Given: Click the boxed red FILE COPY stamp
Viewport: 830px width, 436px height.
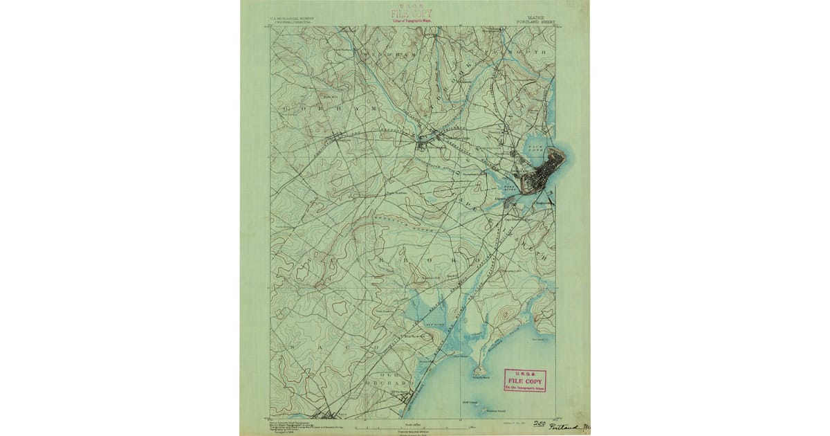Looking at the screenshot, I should coord(525,380).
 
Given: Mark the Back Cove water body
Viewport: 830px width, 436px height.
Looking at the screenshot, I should coord(536,148).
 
